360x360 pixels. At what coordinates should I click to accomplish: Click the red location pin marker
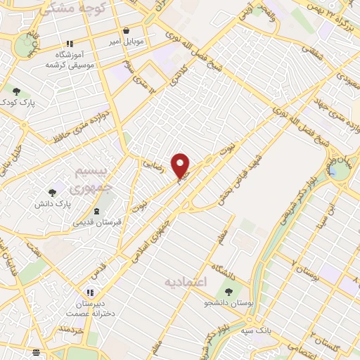(181, 165)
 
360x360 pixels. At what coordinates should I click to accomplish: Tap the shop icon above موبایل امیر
(126, 31)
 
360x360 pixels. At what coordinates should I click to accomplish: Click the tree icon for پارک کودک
(16, 91)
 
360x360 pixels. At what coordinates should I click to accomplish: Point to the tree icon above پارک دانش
(53, 192)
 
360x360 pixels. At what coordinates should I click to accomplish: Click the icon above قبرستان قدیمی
(97, 211)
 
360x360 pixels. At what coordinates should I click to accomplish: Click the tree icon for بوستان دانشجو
(229, 291)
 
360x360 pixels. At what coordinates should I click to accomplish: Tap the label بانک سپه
(257, 330)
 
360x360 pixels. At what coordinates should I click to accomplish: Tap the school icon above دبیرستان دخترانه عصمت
(89, 292)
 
